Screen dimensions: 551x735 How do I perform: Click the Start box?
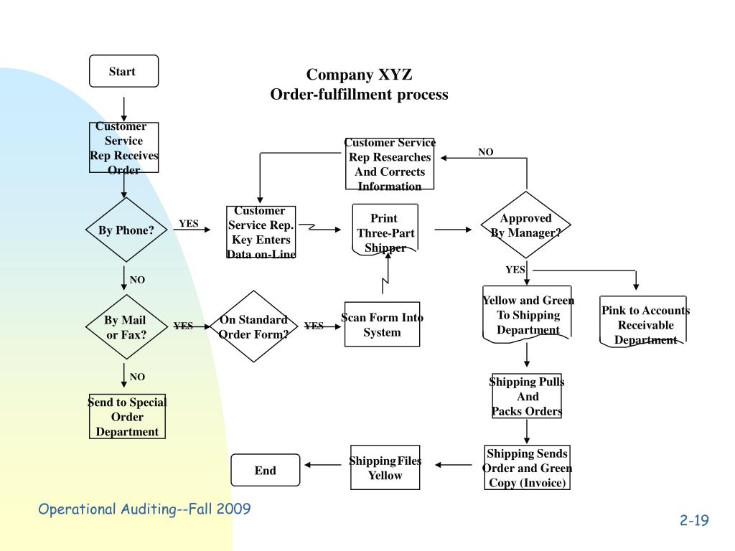[x=123, y=71]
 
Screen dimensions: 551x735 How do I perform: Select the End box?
[x=265, y=470]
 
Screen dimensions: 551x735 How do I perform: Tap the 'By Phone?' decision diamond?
[x=126, y=230]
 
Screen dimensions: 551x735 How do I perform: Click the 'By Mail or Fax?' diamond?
[x=126, y=327]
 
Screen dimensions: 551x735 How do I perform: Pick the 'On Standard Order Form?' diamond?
[x=253, y=327]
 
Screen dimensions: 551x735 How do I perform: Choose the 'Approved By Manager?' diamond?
[x=526, y=225]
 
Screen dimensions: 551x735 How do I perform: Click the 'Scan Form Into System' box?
[x=382, y=324]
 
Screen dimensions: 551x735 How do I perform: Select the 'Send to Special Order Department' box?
[x=126, y=417]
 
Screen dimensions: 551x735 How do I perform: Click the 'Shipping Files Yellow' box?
[x=385, y=468]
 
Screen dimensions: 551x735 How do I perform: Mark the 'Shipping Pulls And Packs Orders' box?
[x=527, y=396]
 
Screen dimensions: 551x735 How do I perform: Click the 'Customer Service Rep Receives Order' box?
[x=124, y=148]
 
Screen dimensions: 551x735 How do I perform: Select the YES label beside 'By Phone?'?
[x=189, y=224]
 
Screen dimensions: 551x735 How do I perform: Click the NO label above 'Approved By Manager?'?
[x=486, y=152]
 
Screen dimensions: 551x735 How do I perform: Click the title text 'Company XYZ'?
[x=360, y=75]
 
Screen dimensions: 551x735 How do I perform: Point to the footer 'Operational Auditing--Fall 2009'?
[x=144, y=509]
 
